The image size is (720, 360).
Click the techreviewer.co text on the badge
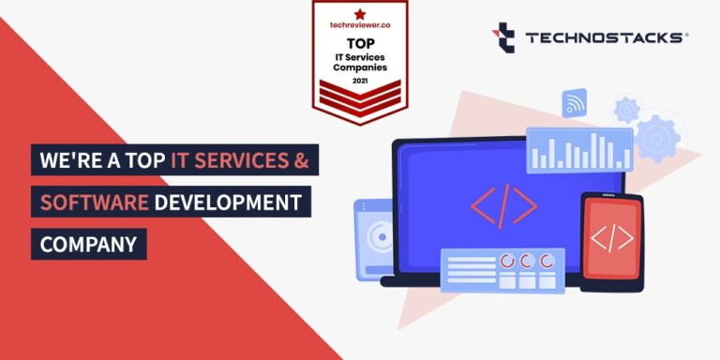click(x=360, y=24)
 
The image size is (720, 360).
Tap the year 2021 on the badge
click(x=360, y=82)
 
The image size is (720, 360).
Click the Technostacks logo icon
click(x=503, y=37)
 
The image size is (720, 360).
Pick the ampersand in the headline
click(x=302, y=160)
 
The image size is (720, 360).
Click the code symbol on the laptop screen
click(x=503, y=206)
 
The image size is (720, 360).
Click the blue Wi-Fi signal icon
click(x=575, y=102)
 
